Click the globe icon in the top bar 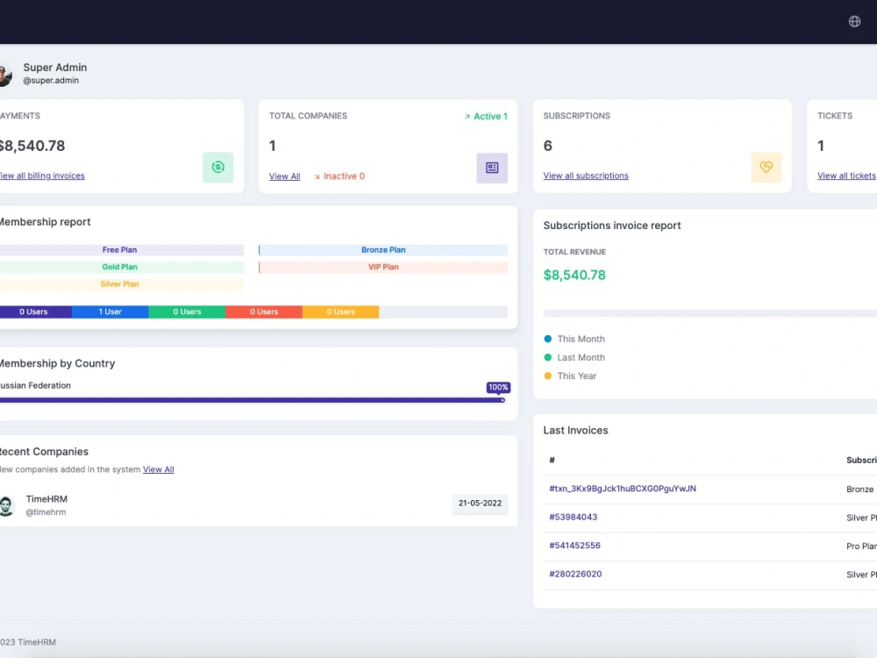pyautogui.click(x=854, y=21)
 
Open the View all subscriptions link pyautogui.click(x=586, y=175)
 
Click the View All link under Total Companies pyautogui.click(x=284, y=176)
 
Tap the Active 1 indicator pyautogui.click(x=486, y=116)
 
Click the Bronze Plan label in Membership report pyautogui.click(x=383, y=250)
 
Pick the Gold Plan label pyautogui.click(x=119, y=267)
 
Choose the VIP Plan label pyautogui.click(x=383, y=267)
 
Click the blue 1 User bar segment pyautogui.click(x=110, y=311)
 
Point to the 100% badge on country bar pyautogui.click(x=498, y=387)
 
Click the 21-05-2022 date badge pyautogui.click(x=480, y=503)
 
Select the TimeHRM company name pyautogui.click(x=46, y=499)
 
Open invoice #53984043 pyautogui.click(x=573, y=517)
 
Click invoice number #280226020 pyautogui.click(x=575, y=574)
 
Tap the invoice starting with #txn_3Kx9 pyautogui.click(x=622, y=489)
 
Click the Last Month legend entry pyautogui.click(x=581, y=357)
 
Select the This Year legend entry pyautogui.click(x=576, y=375)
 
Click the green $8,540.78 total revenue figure pyautogui.click(x=574, y=275)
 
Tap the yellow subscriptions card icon pyautogui.click(x=766, y=167)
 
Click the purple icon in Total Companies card pyautogui.click(x=492, y=168)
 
